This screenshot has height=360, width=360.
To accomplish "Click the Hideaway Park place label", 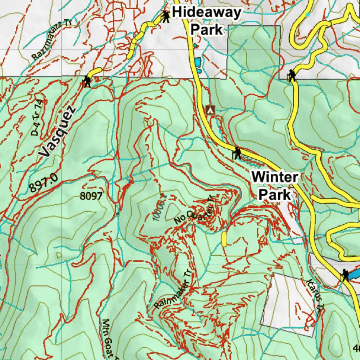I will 207,21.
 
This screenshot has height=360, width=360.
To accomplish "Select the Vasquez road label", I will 57,132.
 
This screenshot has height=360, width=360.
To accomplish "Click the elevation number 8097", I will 91,196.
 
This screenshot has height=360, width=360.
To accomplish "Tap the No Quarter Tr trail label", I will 194,211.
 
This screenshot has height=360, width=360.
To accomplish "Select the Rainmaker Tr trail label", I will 173,290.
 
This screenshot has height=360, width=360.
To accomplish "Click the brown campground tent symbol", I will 210,110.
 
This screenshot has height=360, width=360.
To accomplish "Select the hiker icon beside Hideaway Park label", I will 165,16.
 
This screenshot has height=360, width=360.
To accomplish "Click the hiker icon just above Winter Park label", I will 238,153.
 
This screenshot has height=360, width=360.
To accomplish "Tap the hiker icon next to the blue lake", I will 345,275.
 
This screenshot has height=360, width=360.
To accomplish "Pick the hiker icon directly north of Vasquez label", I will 86,82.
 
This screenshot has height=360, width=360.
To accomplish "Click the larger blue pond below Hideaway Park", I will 198,63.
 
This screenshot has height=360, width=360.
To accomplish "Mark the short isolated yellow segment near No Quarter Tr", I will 224,239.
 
